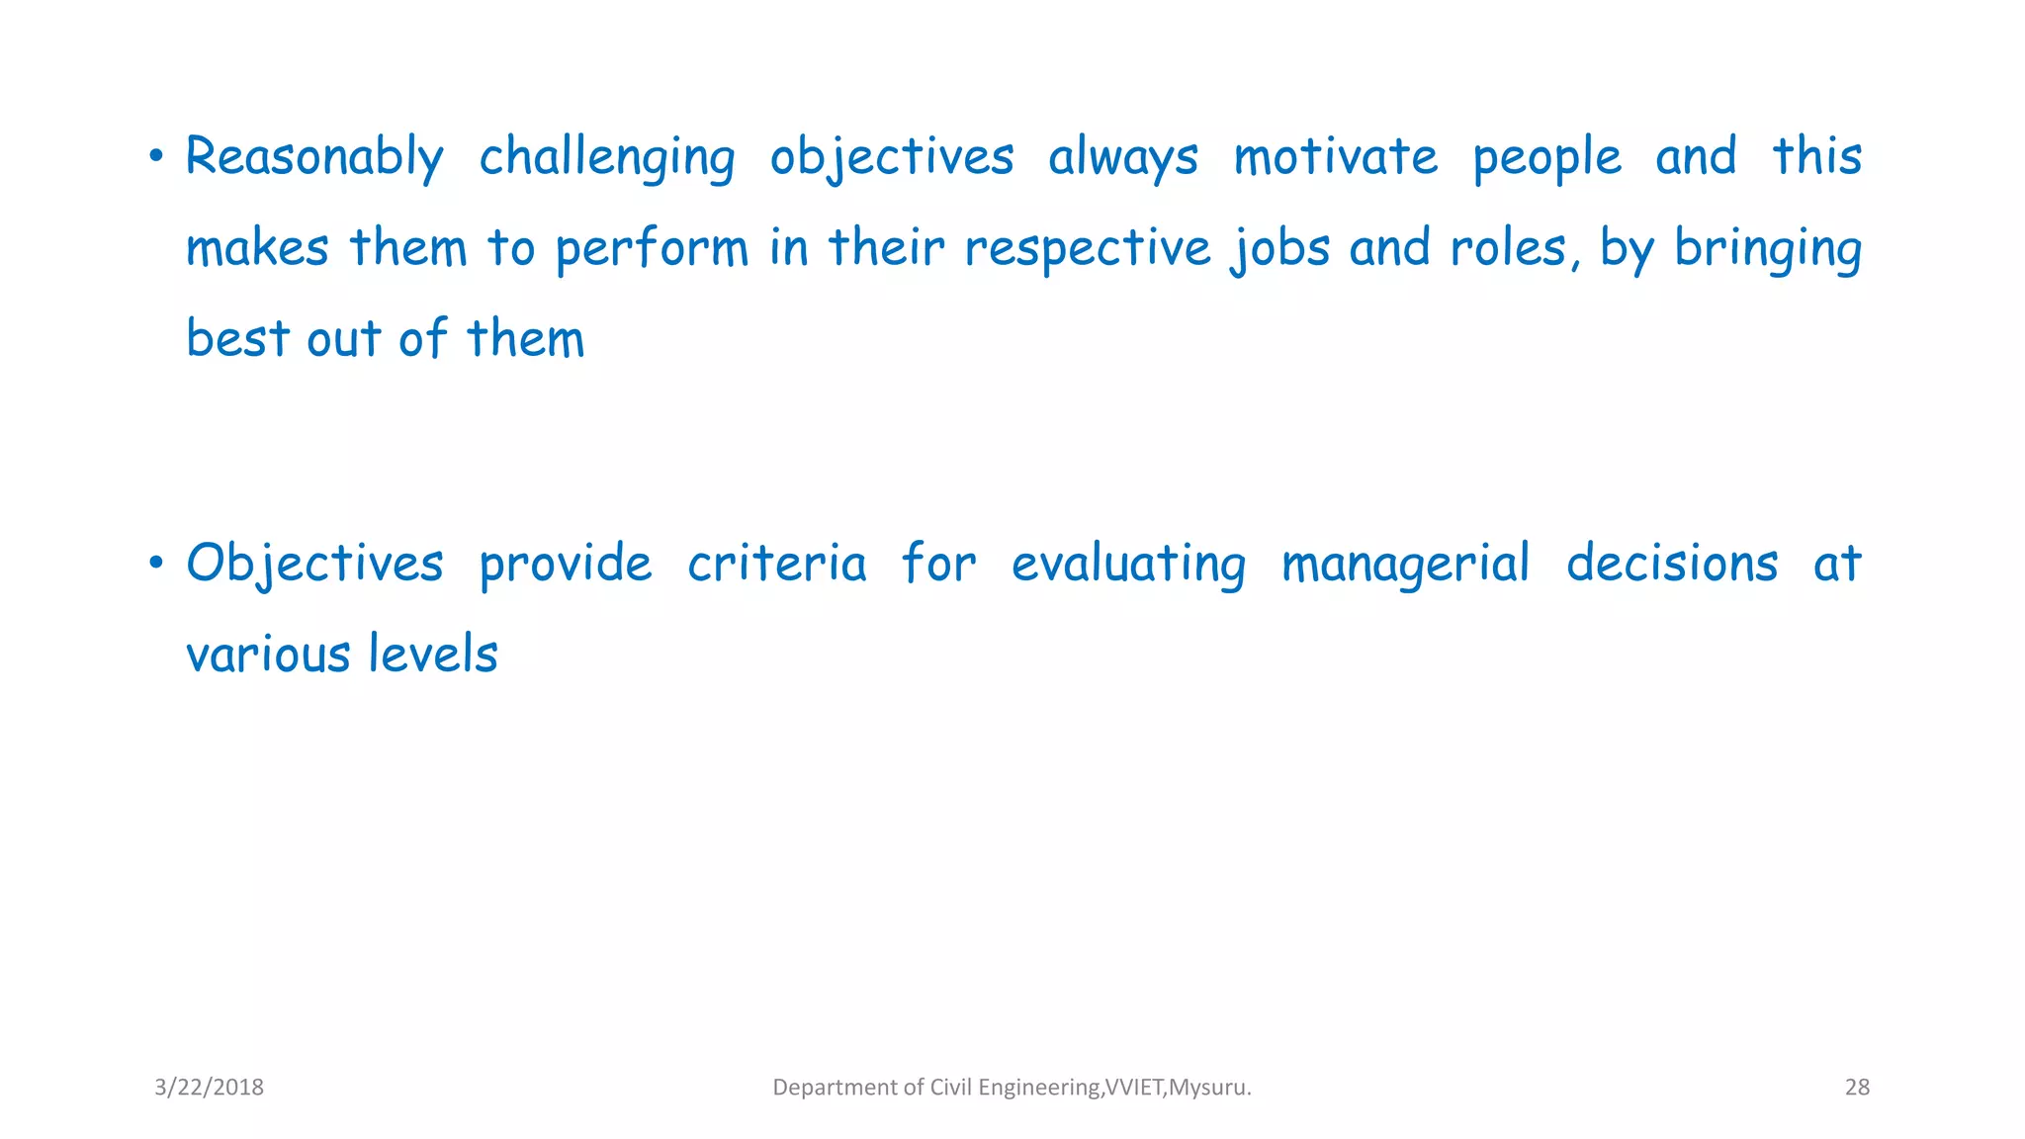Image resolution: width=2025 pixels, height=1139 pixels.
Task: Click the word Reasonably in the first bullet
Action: pyautogui.click(x=314, y=158)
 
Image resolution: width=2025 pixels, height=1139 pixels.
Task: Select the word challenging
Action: pyautogui.click(x=607, y=158)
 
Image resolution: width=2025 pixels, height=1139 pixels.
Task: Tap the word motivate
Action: pyautogui.click(x=1336, y=158)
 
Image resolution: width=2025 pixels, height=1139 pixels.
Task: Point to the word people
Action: pyautogui.click(x=1547, y=158)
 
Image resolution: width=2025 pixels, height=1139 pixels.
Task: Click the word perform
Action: pyautogui.click(x=652, y=249)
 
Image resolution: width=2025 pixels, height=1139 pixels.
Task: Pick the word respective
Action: pyautogui.click(x=1087, y=249)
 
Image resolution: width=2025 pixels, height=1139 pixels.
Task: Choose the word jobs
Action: pyautogui.click(x=1281, y=249)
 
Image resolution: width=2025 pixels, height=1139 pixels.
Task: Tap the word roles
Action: pyautogui.click(x=1509, y=249)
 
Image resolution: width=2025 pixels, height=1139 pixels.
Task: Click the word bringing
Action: pyautogui.click(x=1768, y=249)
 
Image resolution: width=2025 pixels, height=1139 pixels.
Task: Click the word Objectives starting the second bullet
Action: pyautogui.click(x=314, y=565)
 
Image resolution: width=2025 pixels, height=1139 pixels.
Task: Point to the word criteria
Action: pyautogui.click(x=776, y=565)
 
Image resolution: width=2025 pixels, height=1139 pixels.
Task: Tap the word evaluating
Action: pyautogui.click(x=1128, y=565)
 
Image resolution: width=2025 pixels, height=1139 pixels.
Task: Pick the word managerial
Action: pyautogui.click(x=1405, y=565)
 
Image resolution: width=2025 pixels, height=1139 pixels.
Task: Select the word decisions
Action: pyautogui.click(x=1672, y=565)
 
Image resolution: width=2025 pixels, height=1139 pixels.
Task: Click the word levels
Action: pyautogui.click(x=433, y=655)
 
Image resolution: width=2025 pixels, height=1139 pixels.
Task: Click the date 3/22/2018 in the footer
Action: pyautogui.click(x=210, y=1088)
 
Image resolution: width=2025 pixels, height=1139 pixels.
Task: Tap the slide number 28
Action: pyautogui.click(x=1857, y=1088)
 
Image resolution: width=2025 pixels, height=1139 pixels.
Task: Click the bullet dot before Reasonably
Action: pyautogui.click(x=155, y=156)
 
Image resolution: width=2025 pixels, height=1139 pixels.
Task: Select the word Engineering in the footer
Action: pyautogui.click(x=1039, y=1088)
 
